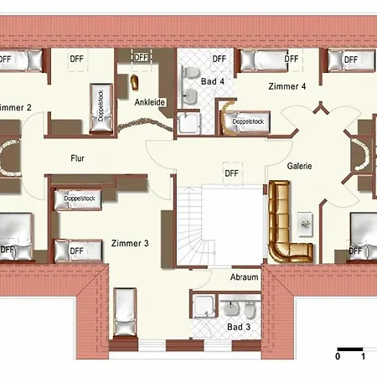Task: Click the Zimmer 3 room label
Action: coord(129,244)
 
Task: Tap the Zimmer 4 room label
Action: coord(287,86)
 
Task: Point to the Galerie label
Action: coord(299,166)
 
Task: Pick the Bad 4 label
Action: coord(213,80)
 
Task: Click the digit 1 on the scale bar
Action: coord(362,356)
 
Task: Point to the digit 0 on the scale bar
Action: coord(338,356)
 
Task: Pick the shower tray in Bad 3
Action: coord(203,307)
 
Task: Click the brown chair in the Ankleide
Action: coord(134,84)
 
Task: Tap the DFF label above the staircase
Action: coord(231,173)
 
